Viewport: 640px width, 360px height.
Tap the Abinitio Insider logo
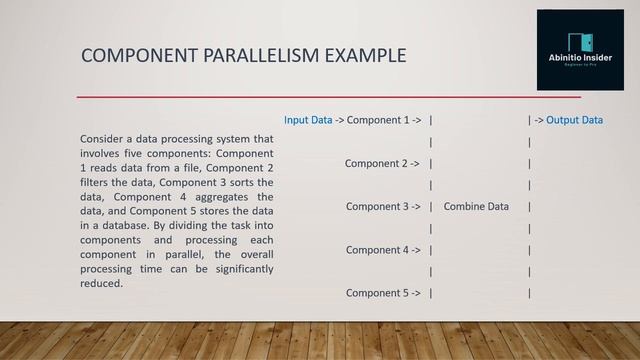(580, 50)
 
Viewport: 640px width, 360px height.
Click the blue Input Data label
(308, 120)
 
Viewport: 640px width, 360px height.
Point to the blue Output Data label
(574, 120)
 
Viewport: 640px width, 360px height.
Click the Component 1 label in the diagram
(377, 120)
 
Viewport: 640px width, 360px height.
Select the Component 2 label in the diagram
(376, 163)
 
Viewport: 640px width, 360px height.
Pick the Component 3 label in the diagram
(377, 207)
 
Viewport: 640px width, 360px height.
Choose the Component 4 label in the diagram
(377, 250)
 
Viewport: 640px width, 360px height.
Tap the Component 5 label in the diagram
(377, 293)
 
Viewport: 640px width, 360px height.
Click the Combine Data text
(476, 207)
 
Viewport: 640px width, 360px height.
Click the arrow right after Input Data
(339, 120)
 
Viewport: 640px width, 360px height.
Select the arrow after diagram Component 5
(416, 293)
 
